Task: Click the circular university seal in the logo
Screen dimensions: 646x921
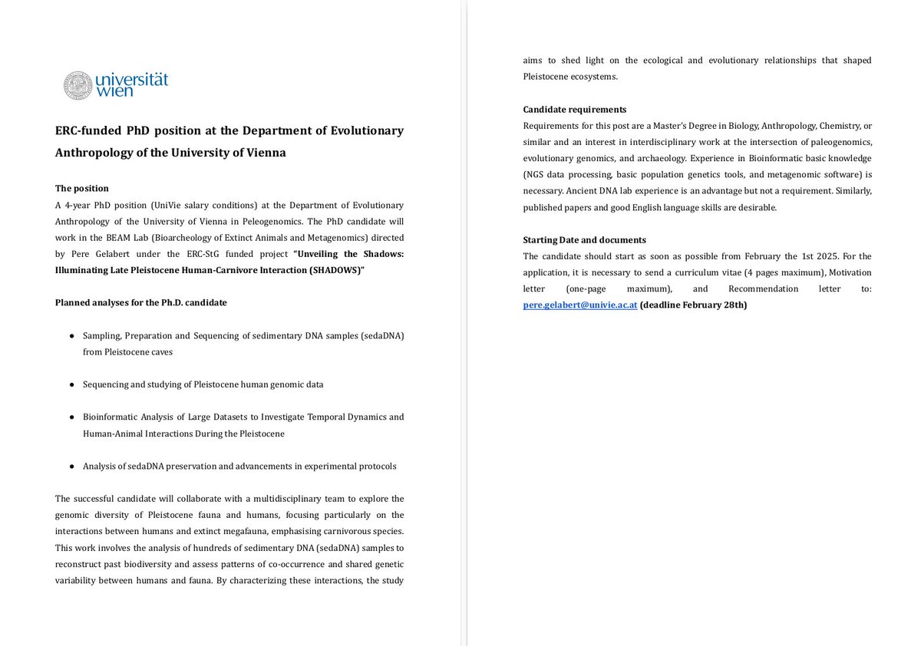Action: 78,85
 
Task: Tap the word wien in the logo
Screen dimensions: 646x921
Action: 115,91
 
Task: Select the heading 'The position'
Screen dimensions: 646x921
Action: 82,188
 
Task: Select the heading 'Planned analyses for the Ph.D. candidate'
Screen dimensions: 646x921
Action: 141,302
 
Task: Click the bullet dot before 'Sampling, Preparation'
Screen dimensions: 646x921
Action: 71,336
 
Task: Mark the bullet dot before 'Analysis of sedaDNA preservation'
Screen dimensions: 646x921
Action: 71,466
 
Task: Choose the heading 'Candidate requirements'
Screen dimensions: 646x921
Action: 575,109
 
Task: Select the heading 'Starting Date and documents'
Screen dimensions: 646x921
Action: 584,239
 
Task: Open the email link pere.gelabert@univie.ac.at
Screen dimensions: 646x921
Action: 580,305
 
